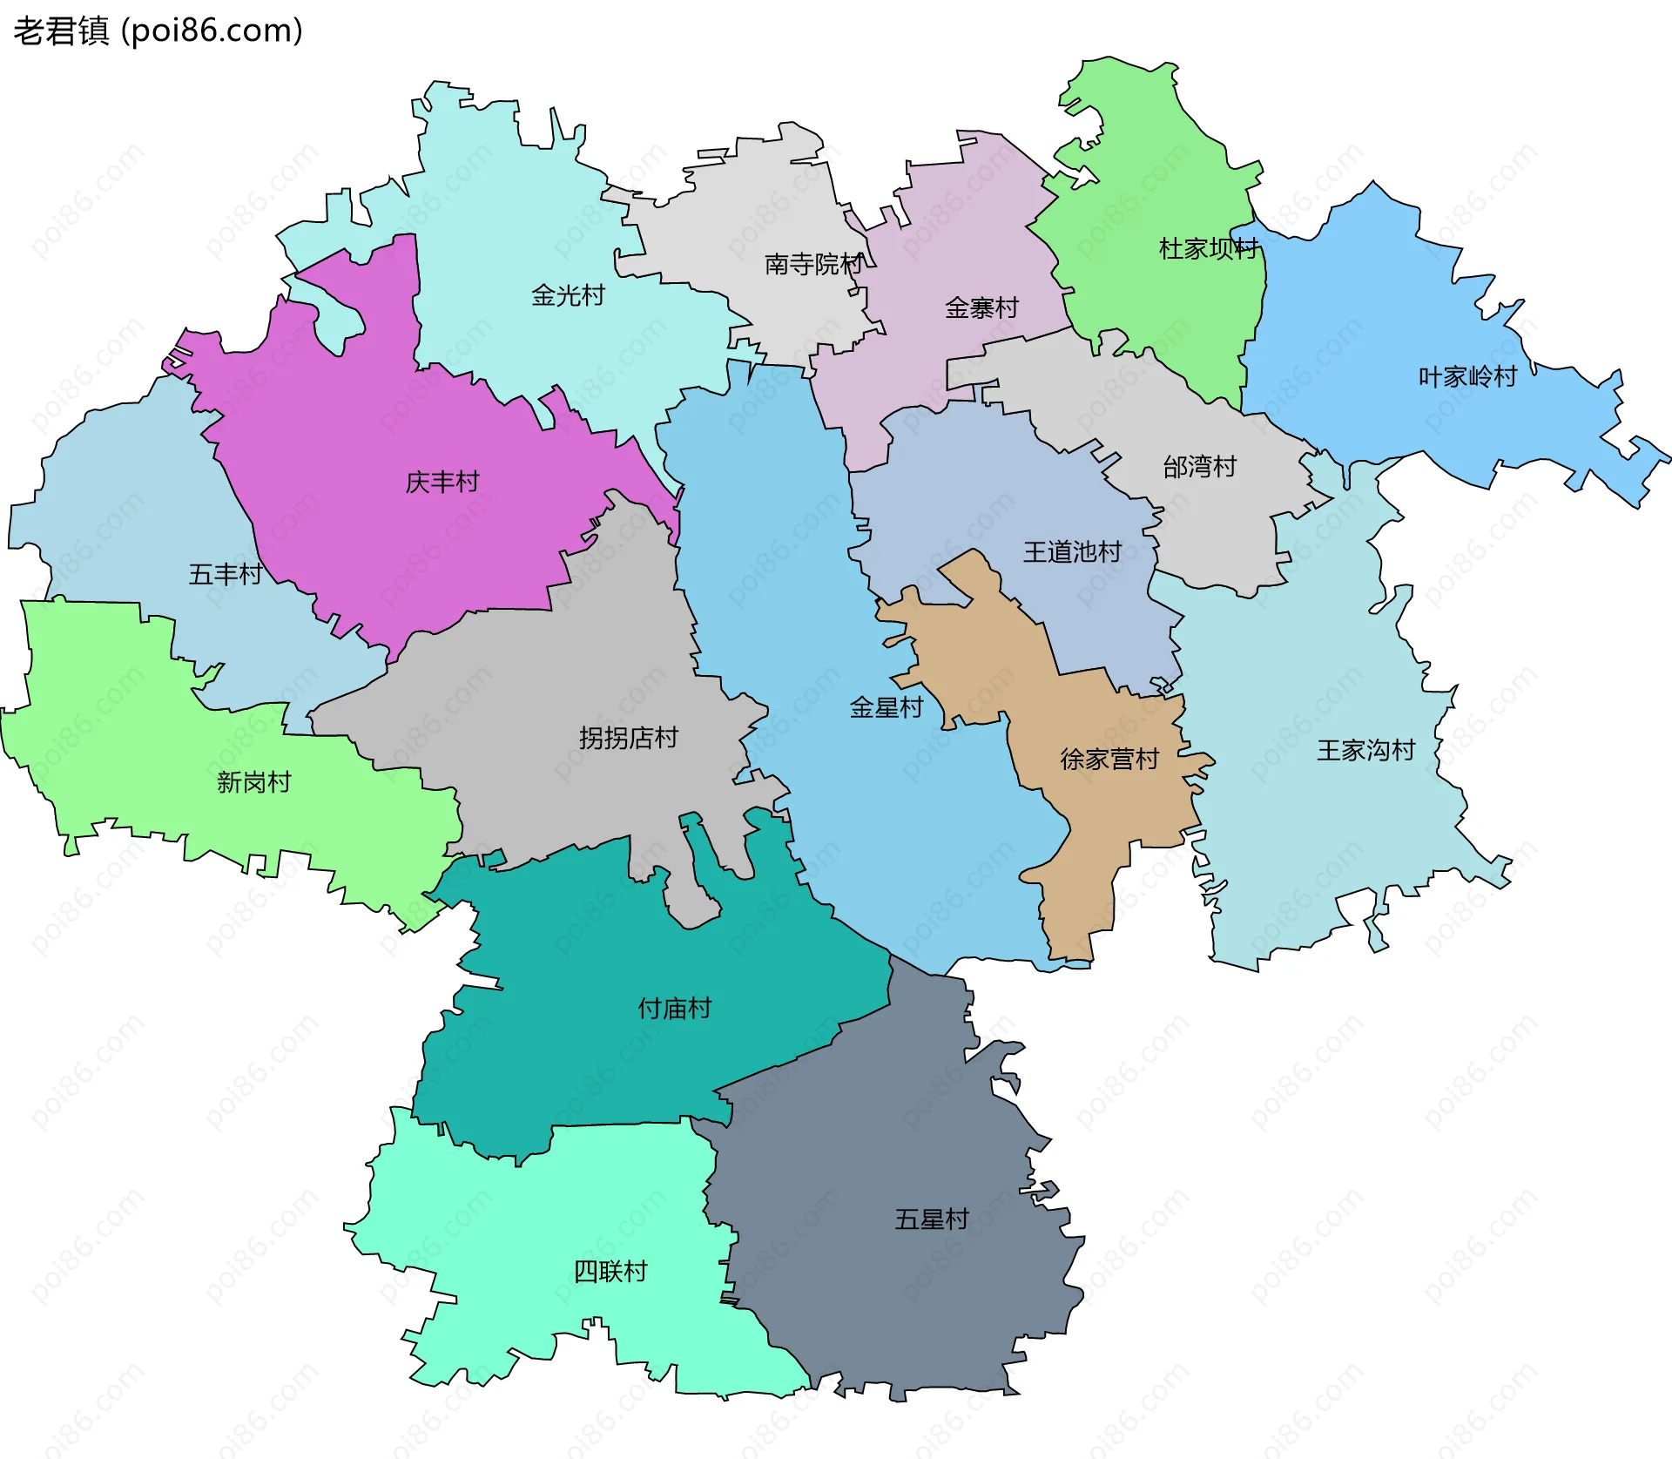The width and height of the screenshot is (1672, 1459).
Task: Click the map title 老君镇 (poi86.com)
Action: pos(158,31)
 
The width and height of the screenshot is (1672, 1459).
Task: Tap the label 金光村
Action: pos(568,295)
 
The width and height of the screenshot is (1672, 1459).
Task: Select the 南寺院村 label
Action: pos(813,264)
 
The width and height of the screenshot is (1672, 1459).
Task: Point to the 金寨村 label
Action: pos(981,307)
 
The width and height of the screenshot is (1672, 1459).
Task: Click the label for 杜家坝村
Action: pos(1209,249)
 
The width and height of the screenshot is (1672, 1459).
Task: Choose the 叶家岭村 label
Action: pos(1467,376)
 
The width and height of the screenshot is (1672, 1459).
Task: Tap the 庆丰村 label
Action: pos(442,482)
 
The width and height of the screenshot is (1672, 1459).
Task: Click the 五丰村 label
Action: pos(226,574)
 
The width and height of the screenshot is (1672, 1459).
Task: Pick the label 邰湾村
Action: pos(1199,467)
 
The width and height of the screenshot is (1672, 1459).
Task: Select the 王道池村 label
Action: pos(1072,551)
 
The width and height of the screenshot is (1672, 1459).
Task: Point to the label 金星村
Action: pos(886,707)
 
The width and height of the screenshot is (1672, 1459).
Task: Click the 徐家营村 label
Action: pos(1109,760)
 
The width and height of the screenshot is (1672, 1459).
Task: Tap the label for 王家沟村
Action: pos(1365,750)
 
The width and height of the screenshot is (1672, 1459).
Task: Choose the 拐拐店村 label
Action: pos(628,738)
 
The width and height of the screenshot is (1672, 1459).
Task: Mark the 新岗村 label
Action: pos(253,782)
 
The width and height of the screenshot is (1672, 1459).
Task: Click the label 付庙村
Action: pos(675,1008)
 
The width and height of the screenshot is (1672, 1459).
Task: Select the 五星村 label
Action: pos(932,1219)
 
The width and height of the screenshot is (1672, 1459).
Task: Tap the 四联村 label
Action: pos(610,1272)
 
